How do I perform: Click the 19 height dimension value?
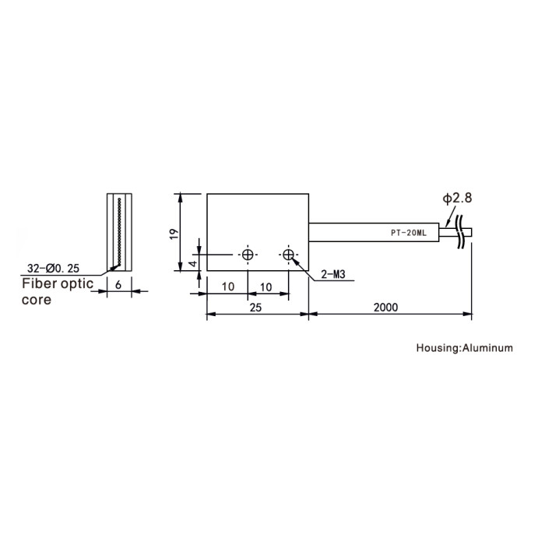point(174,234)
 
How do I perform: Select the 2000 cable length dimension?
point(386,308)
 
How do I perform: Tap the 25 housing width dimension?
point(255,308)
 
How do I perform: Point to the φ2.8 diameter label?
point(457,198)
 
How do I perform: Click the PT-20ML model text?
point(409,234)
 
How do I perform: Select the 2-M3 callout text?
point(333,275)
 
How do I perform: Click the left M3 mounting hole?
point(248,255)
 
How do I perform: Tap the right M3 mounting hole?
point(289,255)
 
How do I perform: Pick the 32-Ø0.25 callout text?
point(53,269)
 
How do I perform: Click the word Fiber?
point(39,283)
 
